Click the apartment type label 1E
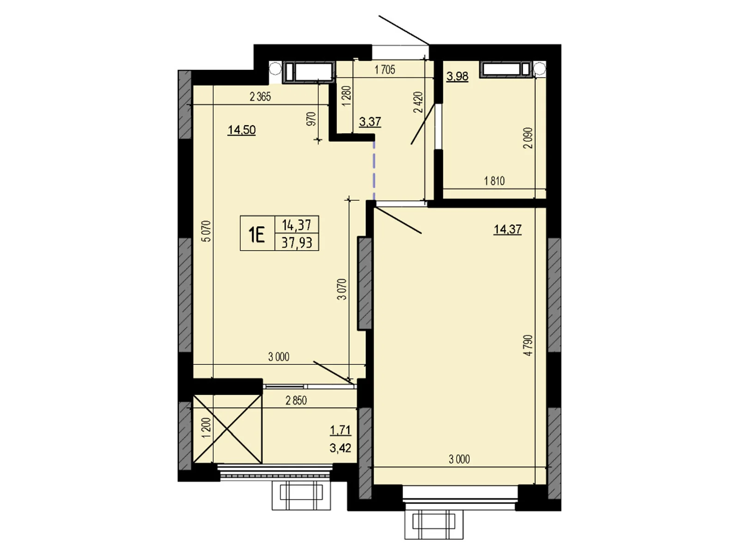(x=256, y=235)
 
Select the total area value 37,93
(x=297, y=242)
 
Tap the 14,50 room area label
(x=242, y=130)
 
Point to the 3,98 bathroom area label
(x=457, y=77)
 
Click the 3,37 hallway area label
(x=370, y=121)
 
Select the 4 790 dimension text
(x=528, y=345)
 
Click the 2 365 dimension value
(x=260, y=97)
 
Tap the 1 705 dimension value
(x=385, y=70)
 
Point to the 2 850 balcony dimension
(x=296, y=401)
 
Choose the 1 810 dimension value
(x=494, y=181)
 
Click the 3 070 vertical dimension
(x=342, y=289)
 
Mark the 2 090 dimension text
(x=528, y=138)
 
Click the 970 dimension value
(x=312, y=119)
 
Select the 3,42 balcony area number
(x=340, y=448)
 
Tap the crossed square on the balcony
(x=228, y=429)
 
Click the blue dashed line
(x=374, y=170)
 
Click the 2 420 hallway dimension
(x=418, y=102)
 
